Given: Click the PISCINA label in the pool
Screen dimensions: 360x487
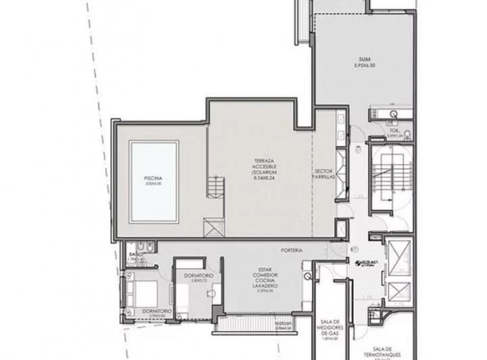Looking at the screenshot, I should tap(153, 179).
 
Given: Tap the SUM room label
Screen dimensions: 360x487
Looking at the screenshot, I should tap(364, 60).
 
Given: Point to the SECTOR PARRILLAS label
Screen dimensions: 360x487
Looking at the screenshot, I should tap(324, 173).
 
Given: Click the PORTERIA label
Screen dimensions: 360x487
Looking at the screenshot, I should tap(293, 250).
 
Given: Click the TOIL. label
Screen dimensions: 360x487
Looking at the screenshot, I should tap(394, 131).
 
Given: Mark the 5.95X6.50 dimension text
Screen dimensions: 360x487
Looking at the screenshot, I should tap(364, 66).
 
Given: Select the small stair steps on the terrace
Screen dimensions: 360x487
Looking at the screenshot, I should tap(215, 187).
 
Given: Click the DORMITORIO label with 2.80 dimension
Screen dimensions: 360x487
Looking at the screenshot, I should tap(198, 276).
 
